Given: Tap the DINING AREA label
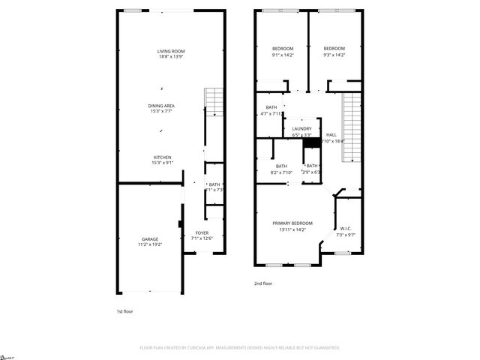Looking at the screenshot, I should pos(160,106).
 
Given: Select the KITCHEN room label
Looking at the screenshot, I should pos(163,157).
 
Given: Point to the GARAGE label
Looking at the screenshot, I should pos(150,238).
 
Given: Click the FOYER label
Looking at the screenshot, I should pos(202,233).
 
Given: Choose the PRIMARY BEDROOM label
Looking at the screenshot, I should pos(292,223).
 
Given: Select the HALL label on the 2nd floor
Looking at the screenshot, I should pos(331,135).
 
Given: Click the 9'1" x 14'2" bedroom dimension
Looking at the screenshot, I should pos(282,55).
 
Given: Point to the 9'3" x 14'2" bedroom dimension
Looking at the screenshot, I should pos(334,55).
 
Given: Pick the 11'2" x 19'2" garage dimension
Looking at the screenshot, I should pos(150,244).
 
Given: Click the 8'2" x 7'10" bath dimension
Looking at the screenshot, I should pos(281,172).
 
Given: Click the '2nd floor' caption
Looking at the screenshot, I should pos(262,283).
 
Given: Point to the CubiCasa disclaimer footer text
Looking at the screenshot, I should pos(240,348).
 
